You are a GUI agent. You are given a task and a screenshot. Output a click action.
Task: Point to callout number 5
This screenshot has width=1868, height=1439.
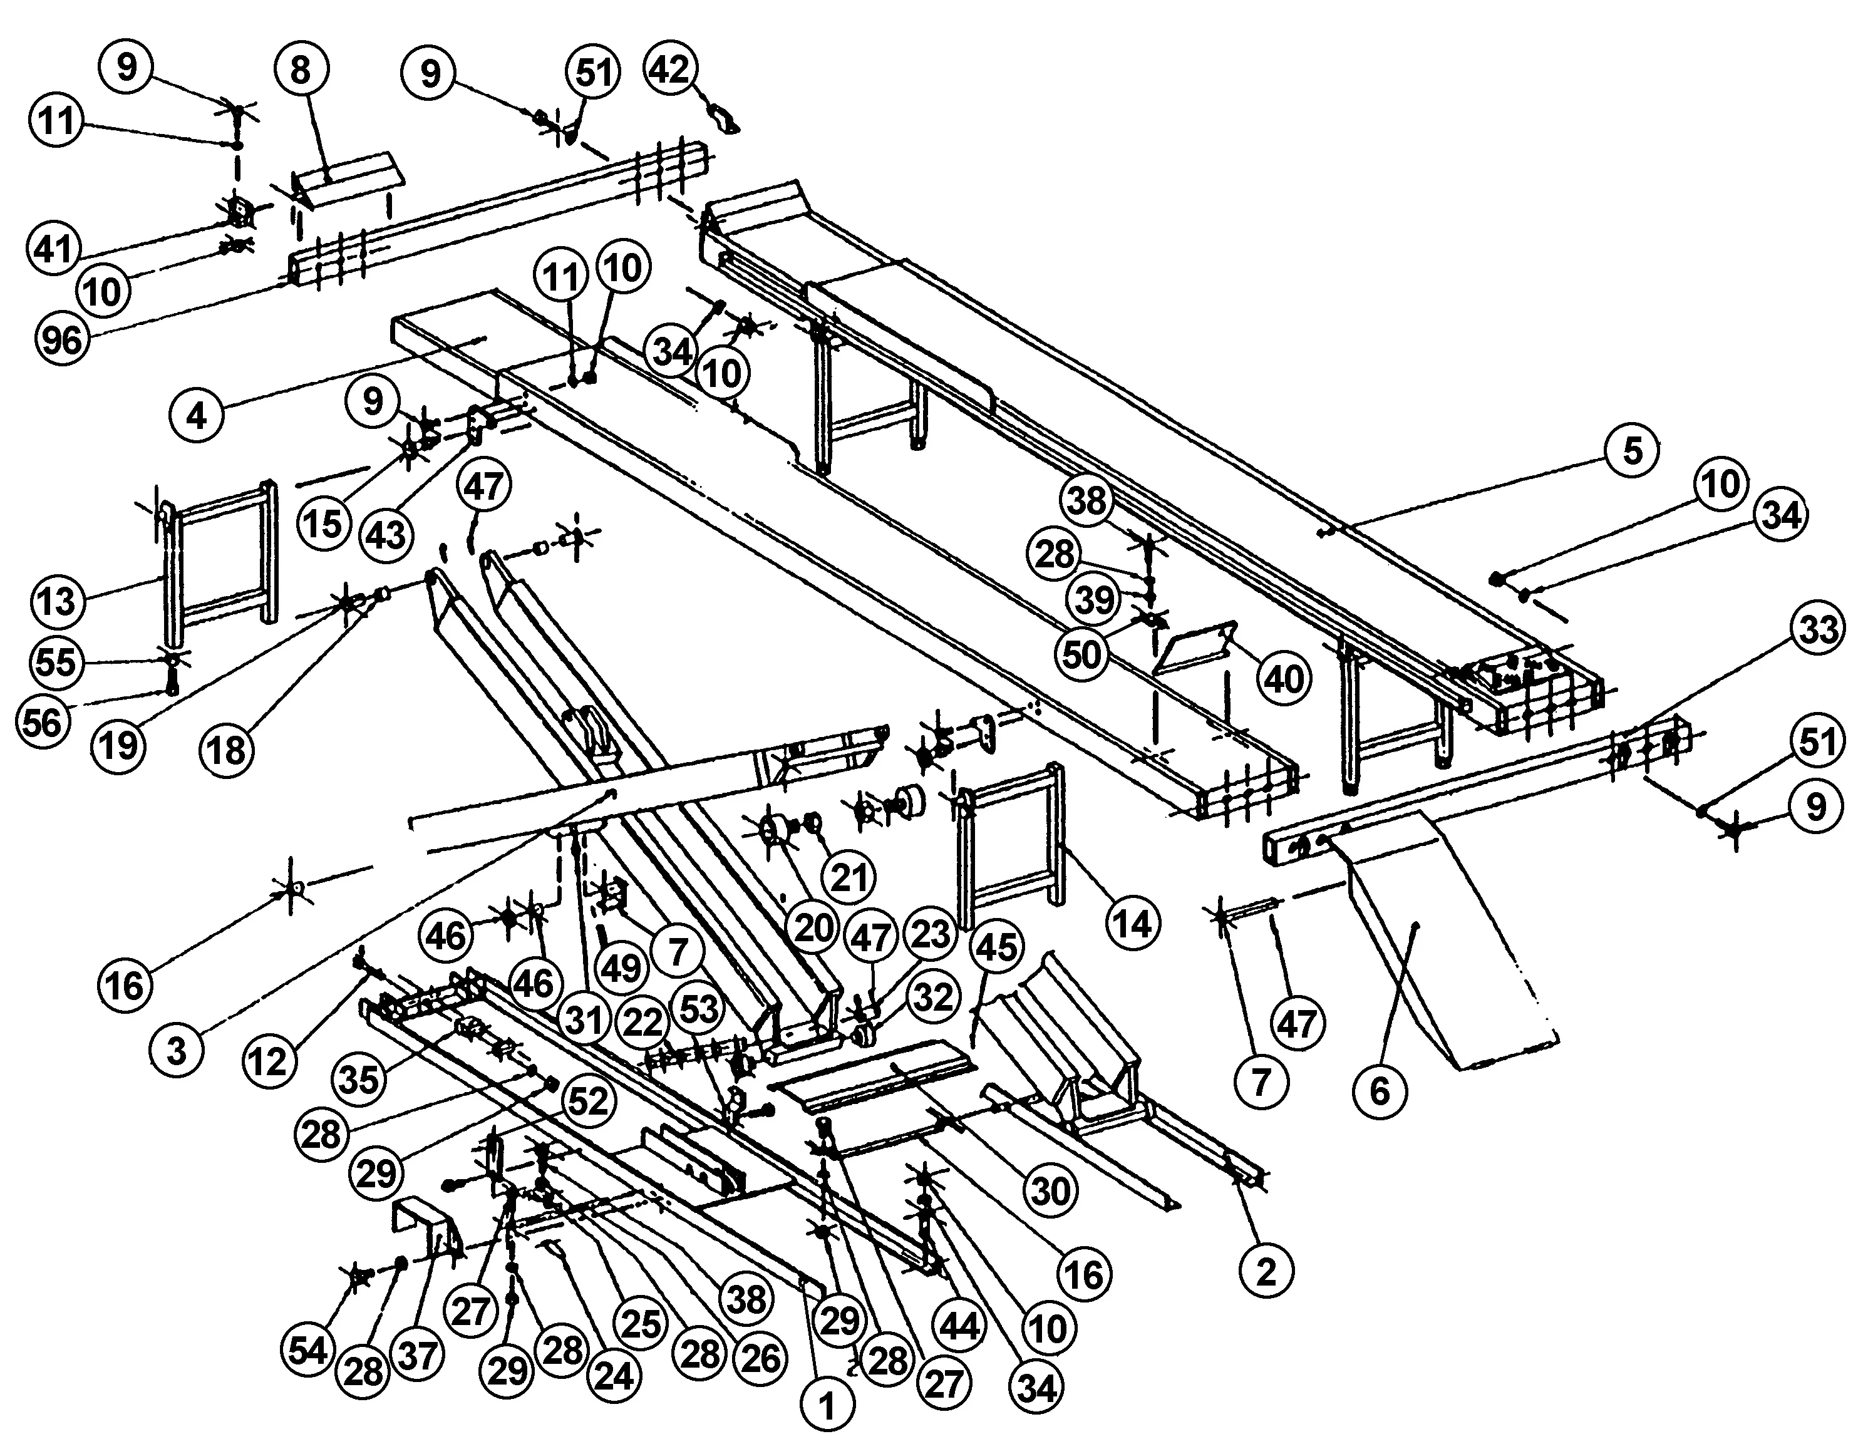(x=1632, y=450)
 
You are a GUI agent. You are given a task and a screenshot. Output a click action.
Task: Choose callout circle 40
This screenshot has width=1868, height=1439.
(x=1284, y=678)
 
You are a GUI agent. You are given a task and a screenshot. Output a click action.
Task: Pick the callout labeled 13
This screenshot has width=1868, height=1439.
(x=58, y=601)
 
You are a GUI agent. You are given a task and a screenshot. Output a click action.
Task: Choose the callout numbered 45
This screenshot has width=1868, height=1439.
(x=998, y=947)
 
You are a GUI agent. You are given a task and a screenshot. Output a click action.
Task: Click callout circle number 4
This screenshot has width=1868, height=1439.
(x=197, y=416)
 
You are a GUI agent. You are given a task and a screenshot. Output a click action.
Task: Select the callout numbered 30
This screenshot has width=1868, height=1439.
(x=1050, y=1190)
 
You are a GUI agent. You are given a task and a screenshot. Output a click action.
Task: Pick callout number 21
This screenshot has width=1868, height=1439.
(x=849, y=876)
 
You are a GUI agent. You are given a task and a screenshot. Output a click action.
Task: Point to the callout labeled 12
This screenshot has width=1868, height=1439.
(x=269, y=1061)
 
